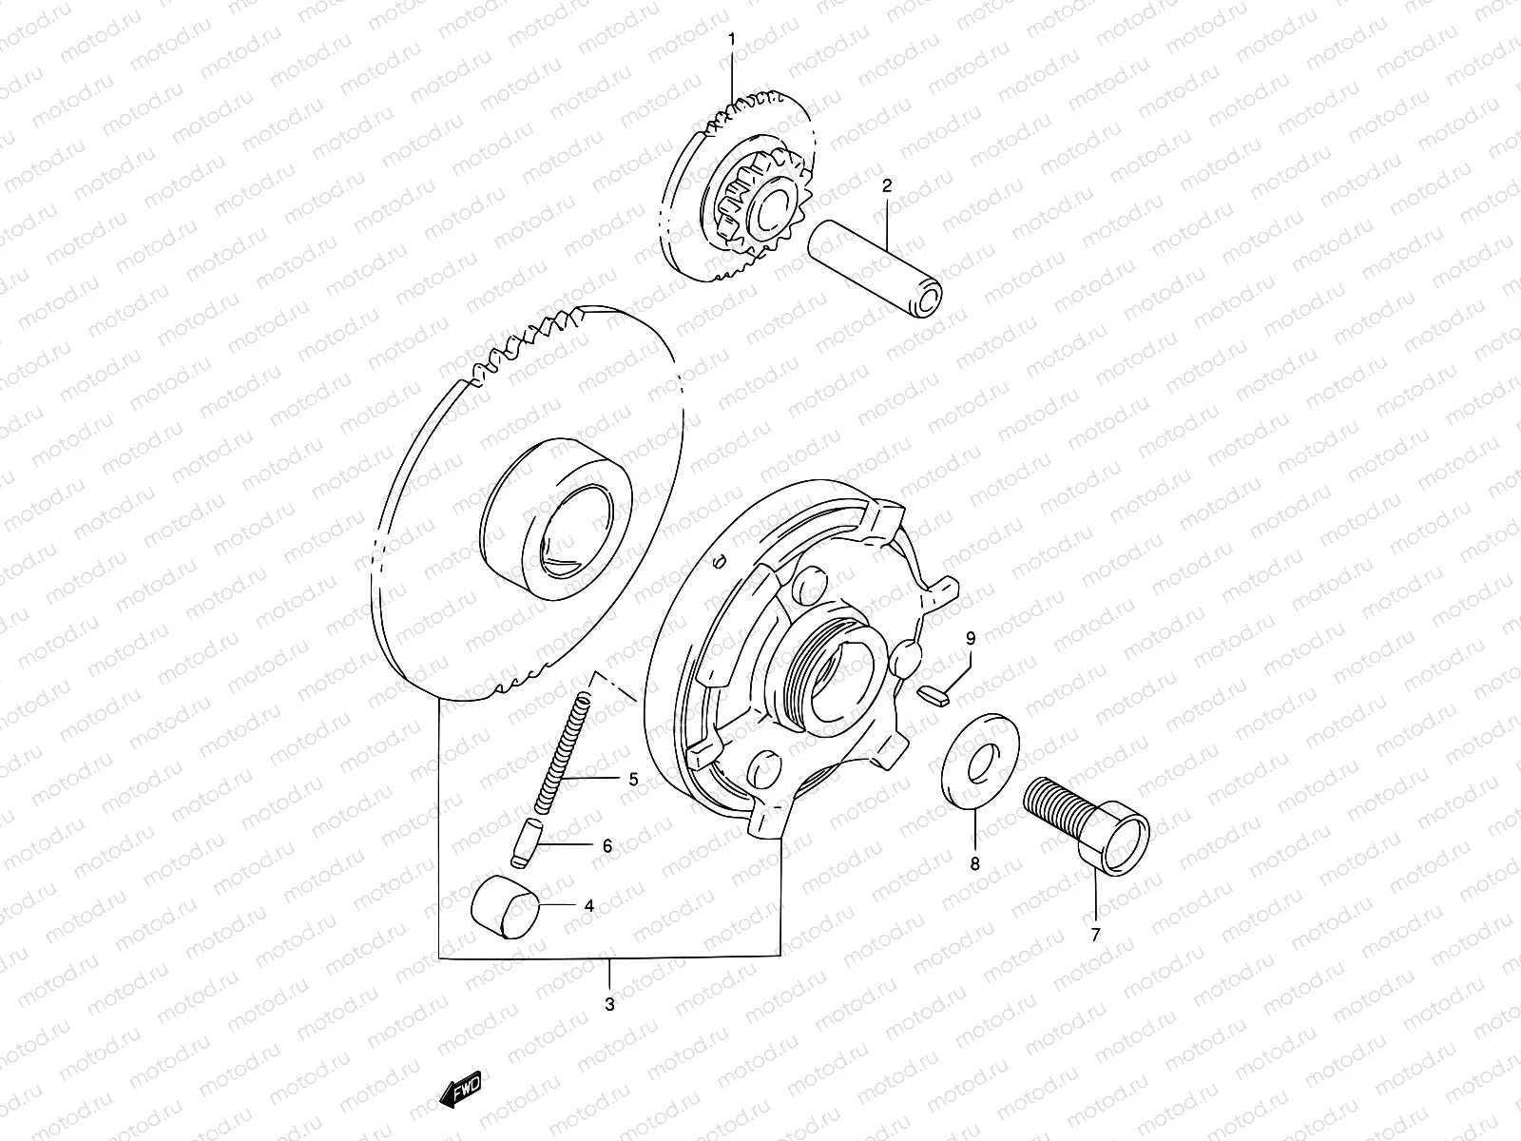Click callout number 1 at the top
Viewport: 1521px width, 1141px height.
pos(732,38)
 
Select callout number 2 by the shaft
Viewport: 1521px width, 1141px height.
pos(886,186)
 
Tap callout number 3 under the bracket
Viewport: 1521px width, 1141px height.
pos(609,1003)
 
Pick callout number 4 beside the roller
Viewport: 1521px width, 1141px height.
pos(589,906)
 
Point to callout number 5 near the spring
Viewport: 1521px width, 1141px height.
pos(632,780)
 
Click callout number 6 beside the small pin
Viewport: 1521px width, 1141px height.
pos(632,845)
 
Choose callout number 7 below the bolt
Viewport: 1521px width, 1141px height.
pos(1094,935)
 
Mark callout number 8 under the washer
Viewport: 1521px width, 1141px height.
pos(973,864)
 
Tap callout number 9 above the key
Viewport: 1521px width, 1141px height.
pos(971,636)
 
